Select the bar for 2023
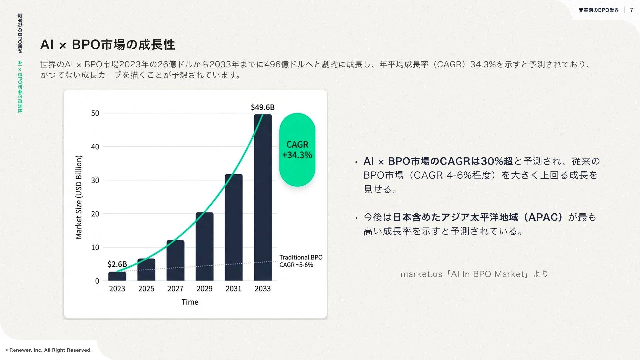coord(117,276)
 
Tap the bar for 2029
coord(204,246)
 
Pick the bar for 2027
coord(175,260)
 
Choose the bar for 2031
coord(233,227)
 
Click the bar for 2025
coord(146,270)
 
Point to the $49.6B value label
coord(263,107)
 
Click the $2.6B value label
coord(117,264)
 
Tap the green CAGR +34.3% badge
coord(297,150)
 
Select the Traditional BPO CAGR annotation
coord(301,261)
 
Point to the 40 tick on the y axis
coord(95,147)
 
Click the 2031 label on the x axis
coord(233,289)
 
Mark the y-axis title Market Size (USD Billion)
coord(79,197)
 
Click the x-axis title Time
coord(190,302)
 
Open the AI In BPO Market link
coord(487,274)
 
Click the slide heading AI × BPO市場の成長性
coord(107,45)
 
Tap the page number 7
coord(631,10)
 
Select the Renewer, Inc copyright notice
coord(49,350)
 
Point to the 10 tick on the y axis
coord(95,248)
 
